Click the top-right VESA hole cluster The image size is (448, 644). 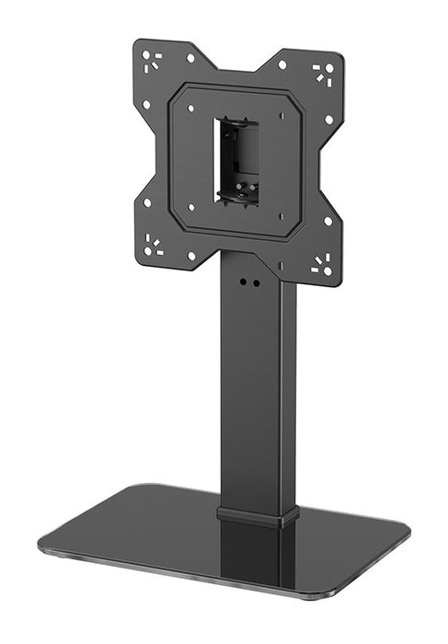click(323, 73)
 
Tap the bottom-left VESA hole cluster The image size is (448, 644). click(152, 246)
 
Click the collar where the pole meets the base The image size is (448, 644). click(258, 513)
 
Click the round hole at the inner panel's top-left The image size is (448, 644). click(190, 108)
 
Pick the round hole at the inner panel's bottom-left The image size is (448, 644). click(190, 210)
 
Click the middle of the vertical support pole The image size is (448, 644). click(258, 396)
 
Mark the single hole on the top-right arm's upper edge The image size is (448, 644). click(281, 65)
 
